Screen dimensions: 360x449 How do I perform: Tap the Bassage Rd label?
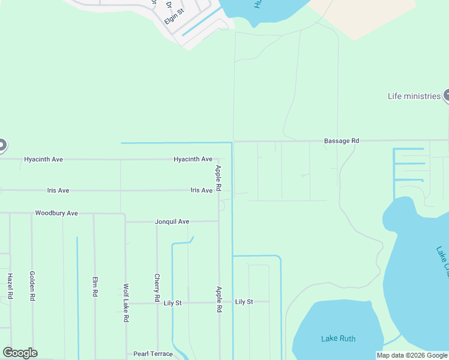(x=341, y=141)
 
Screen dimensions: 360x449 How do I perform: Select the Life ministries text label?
(x=414, y=96)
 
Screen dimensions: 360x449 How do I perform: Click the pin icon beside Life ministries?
(x=447, y=95)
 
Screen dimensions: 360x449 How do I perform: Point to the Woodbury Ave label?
(x=56, y=213)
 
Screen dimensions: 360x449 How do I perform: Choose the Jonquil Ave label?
(x=172, y=222)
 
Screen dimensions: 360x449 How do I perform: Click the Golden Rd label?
(x=32, y=286)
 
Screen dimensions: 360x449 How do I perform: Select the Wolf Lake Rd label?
(x=126, y=304)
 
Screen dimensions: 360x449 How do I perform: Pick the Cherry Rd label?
(x=157, y=288)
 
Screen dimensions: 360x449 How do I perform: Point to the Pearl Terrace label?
(x=153, y=354)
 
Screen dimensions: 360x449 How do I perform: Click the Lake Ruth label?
(x=338, y=339)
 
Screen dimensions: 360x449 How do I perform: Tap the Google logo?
(x=20, y=353)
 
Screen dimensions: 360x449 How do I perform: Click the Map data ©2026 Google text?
(x=412, y=356)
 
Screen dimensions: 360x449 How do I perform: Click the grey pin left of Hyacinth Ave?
(x=2, y=145)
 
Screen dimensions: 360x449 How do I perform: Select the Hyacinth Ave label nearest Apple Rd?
(x=193, y=160)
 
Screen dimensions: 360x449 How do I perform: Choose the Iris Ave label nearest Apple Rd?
(x=201, y=190)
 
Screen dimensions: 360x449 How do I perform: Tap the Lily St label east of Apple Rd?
(x=244, y=302)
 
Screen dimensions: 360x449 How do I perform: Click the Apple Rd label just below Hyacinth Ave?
(x=218, y=179)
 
